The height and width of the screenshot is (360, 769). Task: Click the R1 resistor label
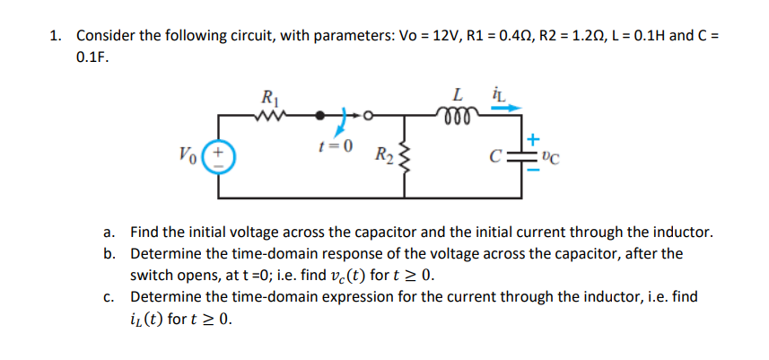[x=267, y=95]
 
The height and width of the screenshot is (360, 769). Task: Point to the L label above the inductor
[x=459, y=93]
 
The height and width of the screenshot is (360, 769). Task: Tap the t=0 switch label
[x=338, y=144]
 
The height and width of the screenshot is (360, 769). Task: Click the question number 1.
[x=56, y=35]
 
